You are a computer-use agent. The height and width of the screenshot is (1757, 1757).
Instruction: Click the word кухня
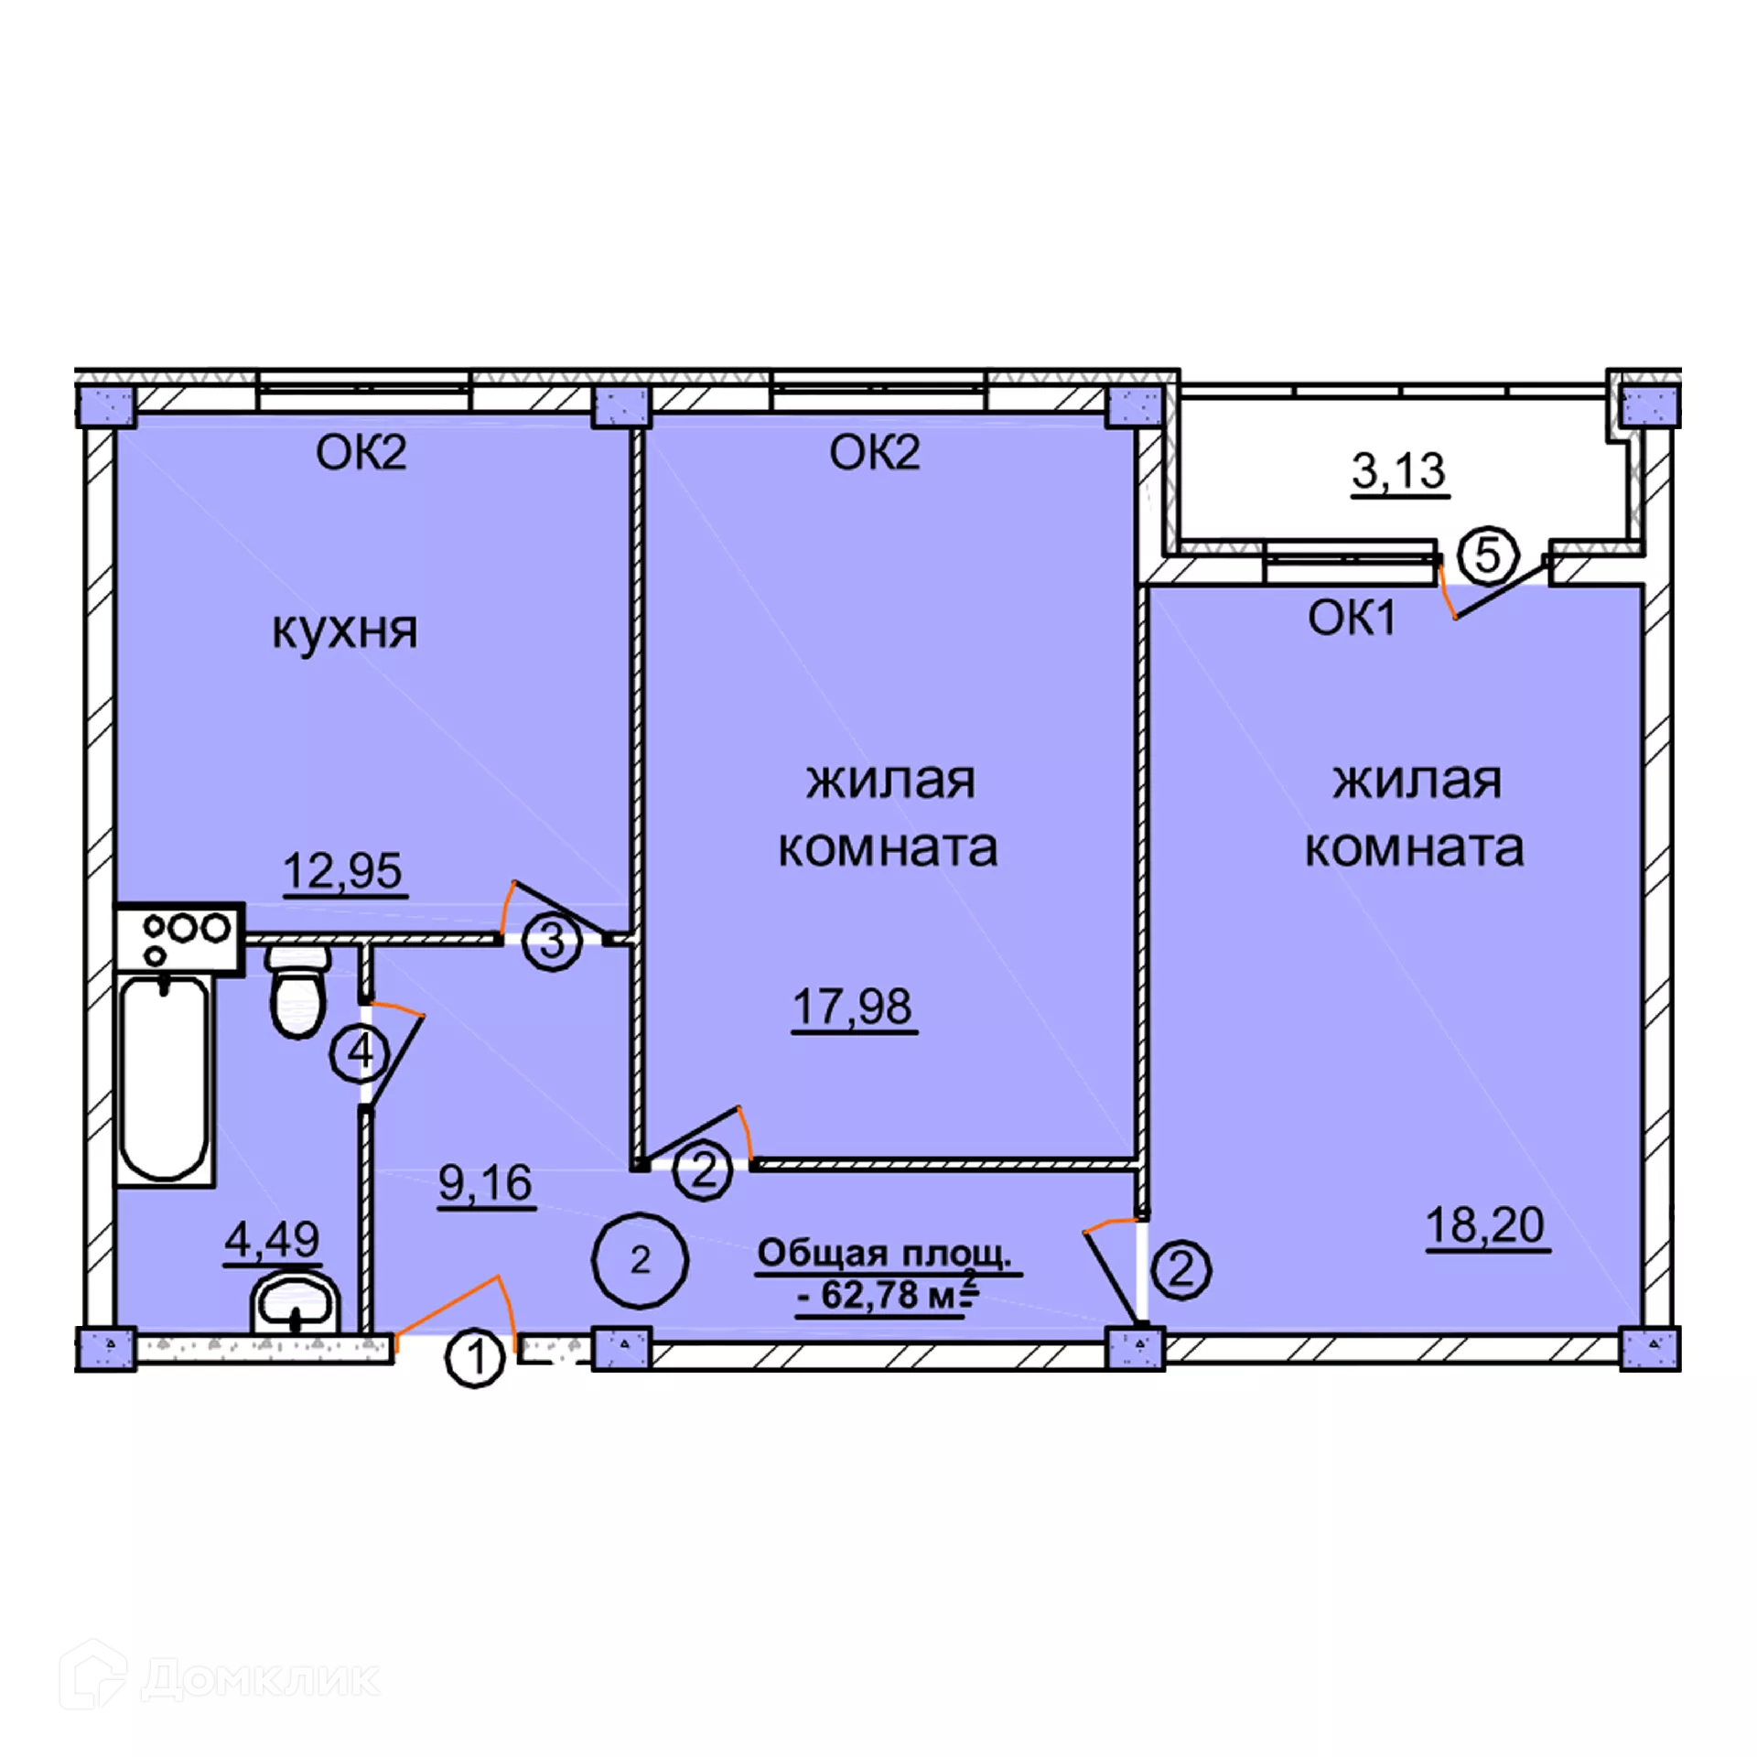(x=344, y=631)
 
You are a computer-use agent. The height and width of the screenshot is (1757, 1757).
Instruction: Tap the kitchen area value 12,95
(x=342, y=870)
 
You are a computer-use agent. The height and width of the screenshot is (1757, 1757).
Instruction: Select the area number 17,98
(x=852, y=1007)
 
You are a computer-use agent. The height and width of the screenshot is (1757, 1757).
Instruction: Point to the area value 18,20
(x=1485, y=1224)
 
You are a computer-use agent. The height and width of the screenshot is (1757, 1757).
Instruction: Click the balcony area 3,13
(x=1398, y=471)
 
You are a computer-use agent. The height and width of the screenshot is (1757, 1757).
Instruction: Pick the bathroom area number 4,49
(x=272, y=1239)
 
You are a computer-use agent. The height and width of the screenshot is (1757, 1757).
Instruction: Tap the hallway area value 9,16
(x=485, y=1182)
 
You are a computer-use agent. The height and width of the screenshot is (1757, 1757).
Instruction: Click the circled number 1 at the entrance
(x=475, y=1358)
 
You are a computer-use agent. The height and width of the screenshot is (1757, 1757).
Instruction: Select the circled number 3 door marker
(x=552, y=940)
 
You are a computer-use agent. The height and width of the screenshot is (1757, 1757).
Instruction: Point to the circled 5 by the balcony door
(x=1487, y=555)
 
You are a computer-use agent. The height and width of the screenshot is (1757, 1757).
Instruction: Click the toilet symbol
(x=297, y=991)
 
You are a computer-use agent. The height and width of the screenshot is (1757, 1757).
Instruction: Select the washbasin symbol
(x=295, y=1303)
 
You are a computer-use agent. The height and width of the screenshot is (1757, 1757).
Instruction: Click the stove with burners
(x=179, y=938)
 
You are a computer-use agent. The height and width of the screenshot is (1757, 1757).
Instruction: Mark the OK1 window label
(x=1352, y=618)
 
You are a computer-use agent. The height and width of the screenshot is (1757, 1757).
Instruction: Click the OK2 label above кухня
(x=361, y=452)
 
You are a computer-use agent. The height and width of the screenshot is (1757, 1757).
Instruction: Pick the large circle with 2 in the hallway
(x=640, y=1260)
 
